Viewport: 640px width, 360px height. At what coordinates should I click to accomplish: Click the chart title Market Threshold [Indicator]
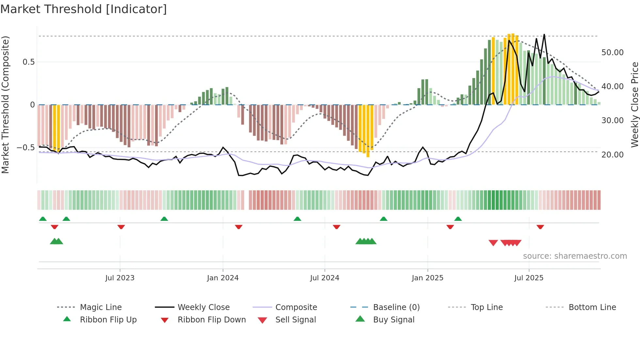[84, 9]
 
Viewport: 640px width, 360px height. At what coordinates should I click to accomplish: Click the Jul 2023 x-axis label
[120, 278]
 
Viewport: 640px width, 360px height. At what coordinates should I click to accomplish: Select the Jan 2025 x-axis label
[427, 278]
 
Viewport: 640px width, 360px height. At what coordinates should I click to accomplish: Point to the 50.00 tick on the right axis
[612, 53]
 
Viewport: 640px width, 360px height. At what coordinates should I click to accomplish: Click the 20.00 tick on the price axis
[612, 155]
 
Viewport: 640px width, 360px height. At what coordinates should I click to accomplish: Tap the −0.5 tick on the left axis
[25, 148]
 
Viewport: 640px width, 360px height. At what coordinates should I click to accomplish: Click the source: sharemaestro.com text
[575, 256]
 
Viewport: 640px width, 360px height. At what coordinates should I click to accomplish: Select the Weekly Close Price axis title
[634, 105]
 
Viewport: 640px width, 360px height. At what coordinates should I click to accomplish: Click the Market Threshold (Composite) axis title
[5, 105]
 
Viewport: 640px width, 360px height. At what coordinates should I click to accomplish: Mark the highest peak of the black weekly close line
[544, 35]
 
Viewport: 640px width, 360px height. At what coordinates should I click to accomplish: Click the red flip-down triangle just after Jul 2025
[540, 227]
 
